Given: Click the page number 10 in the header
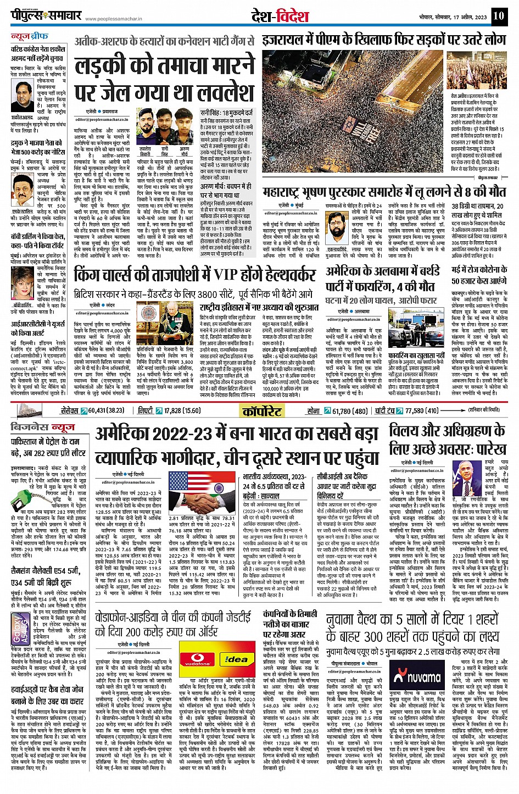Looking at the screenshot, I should [499, 15].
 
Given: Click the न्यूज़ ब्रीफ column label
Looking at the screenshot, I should [30, 37].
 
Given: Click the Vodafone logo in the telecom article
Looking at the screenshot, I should [197, 659].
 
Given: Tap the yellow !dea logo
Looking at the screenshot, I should [237, 659].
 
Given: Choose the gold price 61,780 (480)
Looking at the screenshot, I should [350, 410].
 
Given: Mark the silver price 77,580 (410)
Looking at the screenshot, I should [422, 410].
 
